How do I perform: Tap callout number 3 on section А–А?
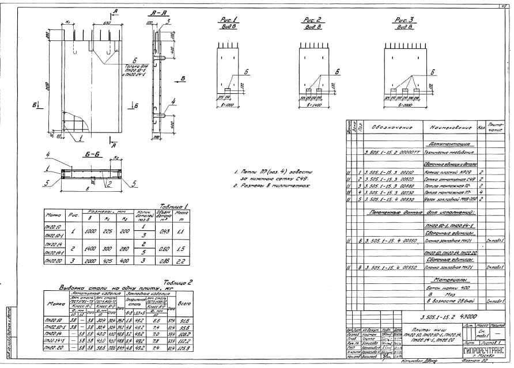coord(169,21)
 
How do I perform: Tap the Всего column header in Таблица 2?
coord(185,302)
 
